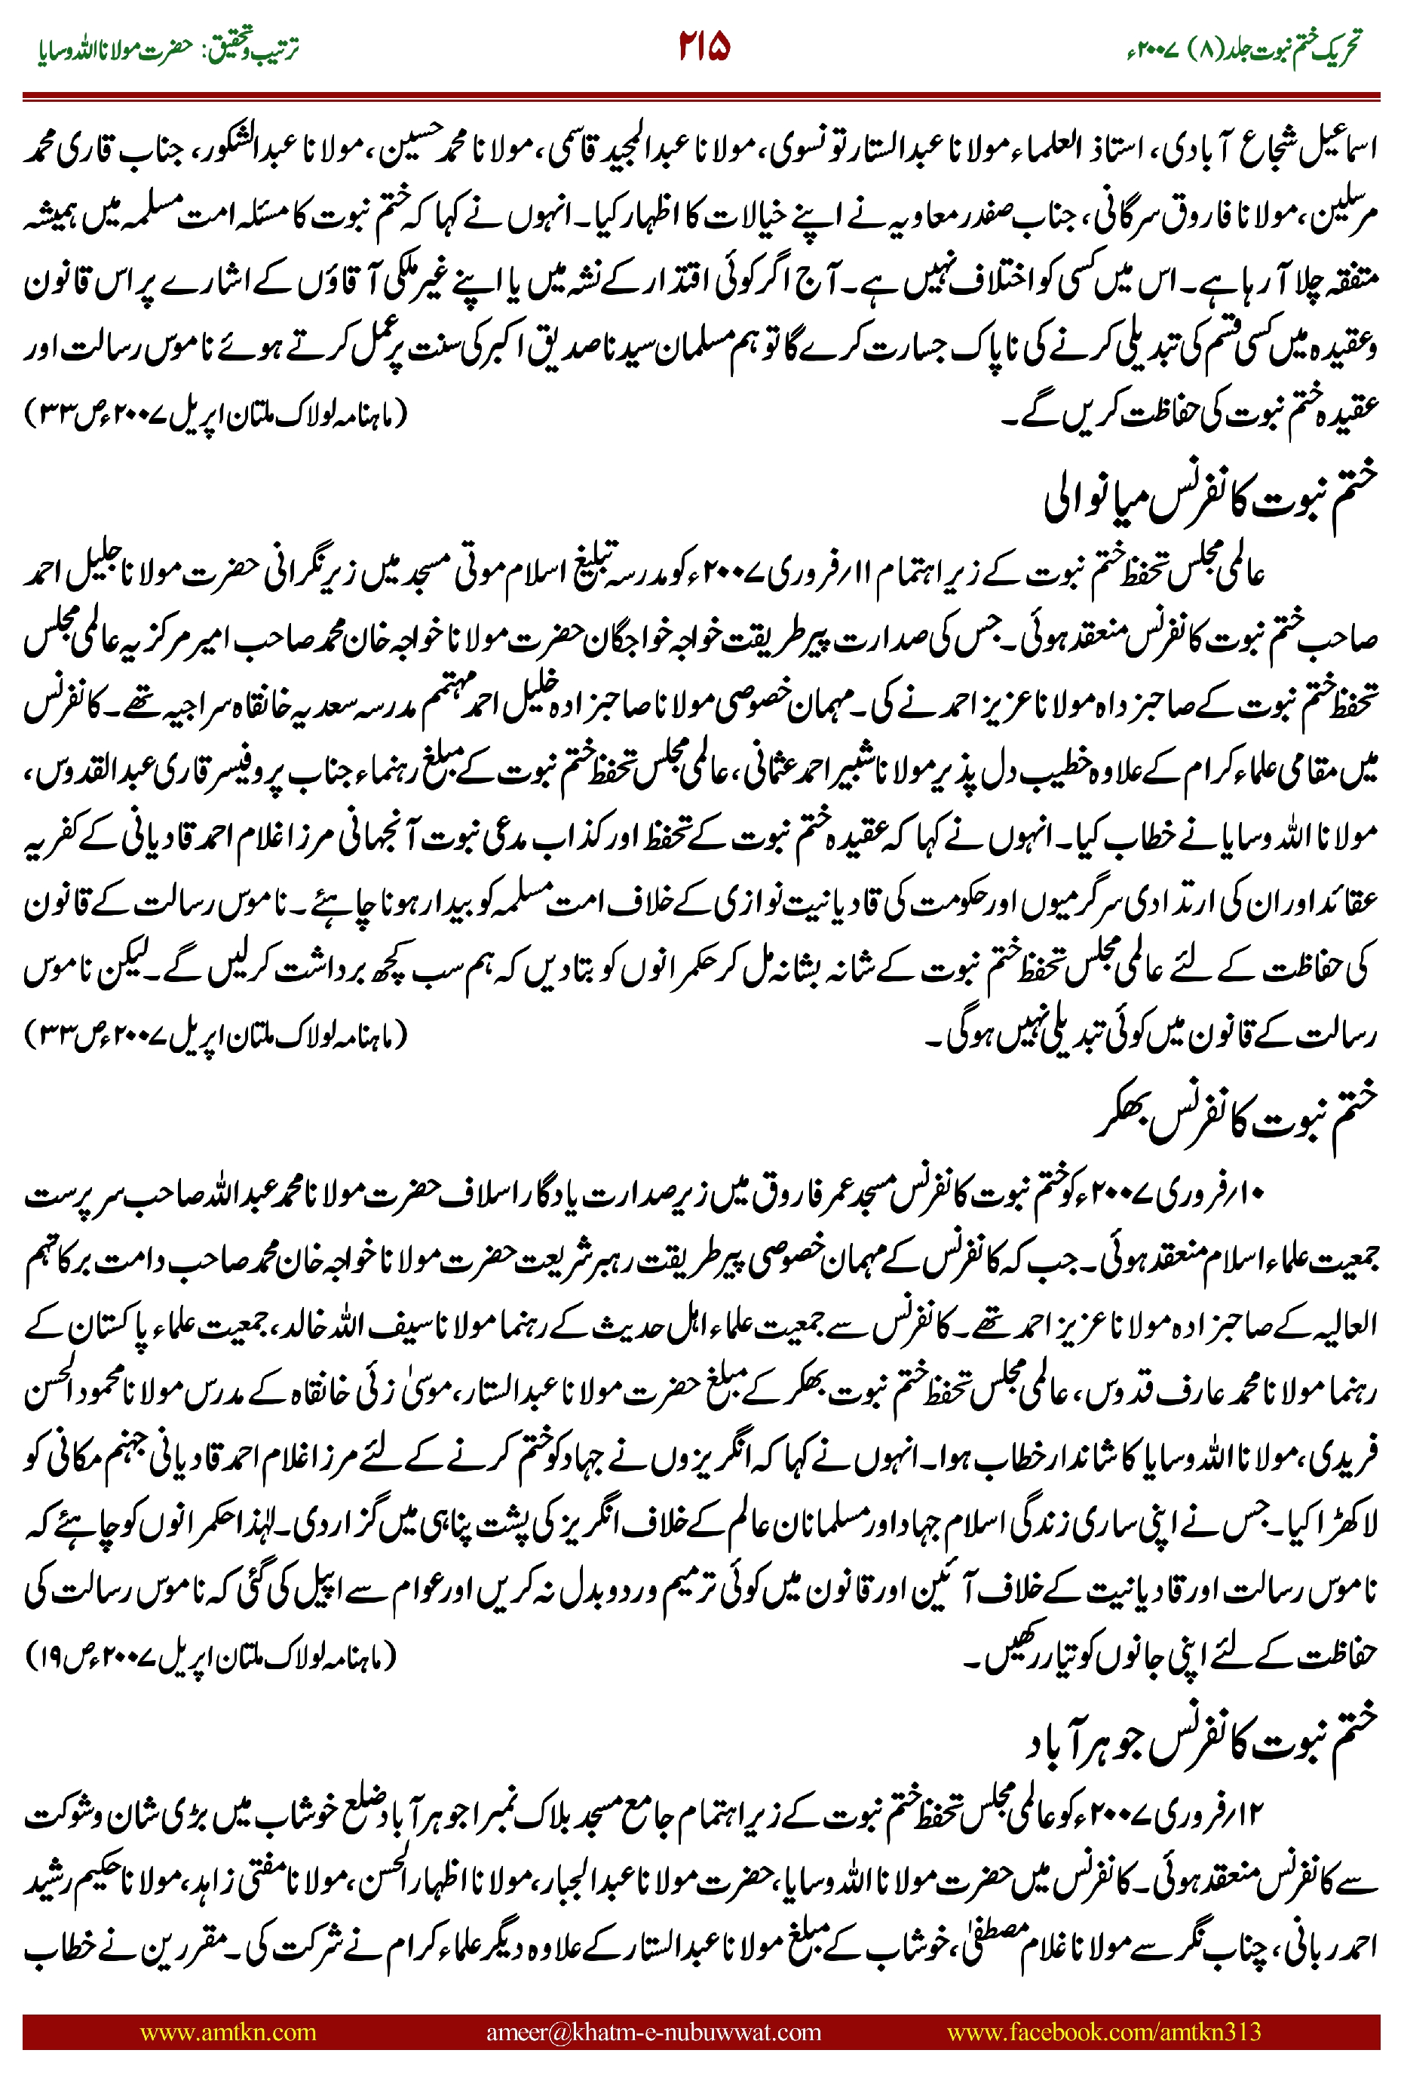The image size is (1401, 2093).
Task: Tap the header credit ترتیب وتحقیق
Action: (259, 48)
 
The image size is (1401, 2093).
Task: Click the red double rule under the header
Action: (700, 95)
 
